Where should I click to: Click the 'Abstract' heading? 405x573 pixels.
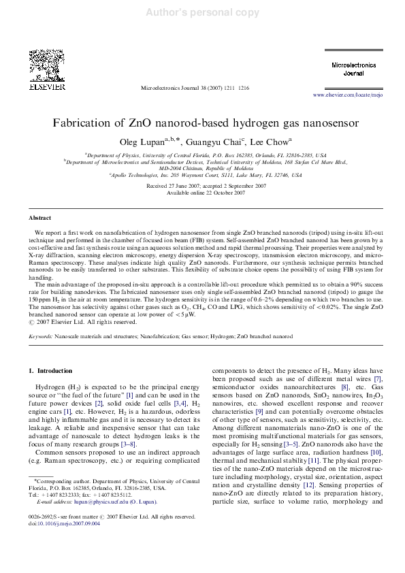39,218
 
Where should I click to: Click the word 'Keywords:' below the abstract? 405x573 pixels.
40,337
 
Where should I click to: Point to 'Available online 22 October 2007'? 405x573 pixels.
202,193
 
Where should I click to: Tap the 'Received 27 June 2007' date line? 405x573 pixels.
202,186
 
